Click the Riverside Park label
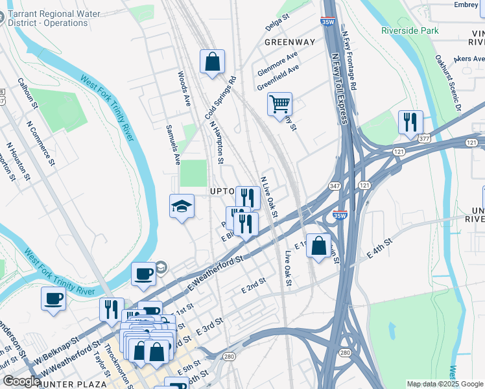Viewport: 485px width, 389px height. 410,30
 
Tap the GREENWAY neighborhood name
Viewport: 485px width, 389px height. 290,42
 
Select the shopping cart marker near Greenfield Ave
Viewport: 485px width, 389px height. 279,104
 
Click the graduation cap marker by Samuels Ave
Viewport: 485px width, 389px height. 182,206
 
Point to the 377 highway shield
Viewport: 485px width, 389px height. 424,139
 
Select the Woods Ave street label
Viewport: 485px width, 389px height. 184,89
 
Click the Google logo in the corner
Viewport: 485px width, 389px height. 21,381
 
